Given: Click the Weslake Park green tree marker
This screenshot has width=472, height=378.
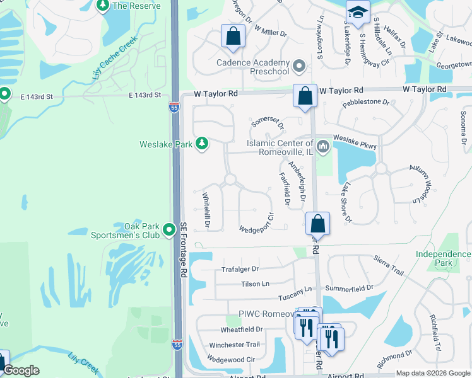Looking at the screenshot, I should coord(202,144).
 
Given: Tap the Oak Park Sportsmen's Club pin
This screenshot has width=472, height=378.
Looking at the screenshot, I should coord(169,230).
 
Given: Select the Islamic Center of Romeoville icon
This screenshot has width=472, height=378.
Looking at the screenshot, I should coord(323,147).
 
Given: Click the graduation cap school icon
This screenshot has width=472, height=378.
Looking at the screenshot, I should coord(357,13).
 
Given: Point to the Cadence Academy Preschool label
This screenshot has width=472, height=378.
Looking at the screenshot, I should coord(252,67).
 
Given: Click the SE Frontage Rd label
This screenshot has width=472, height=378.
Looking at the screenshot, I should coord(184,250).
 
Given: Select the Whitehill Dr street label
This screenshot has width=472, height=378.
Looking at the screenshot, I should coord(206,210).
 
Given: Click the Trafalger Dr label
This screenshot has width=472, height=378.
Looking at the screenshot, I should coord(240,269).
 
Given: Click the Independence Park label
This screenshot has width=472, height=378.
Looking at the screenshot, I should coord(443,258).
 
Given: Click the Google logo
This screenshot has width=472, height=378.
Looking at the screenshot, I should coord(21,370).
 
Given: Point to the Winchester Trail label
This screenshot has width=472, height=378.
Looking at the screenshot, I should coord(234,345).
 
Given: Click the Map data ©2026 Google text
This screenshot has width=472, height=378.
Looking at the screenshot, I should coord(432,373).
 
